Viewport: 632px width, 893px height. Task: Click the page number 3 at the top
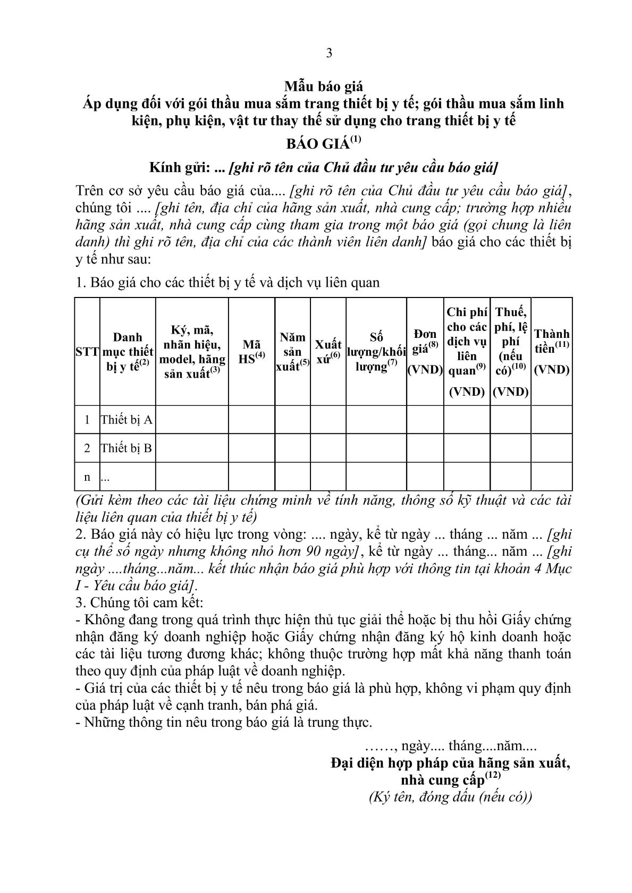(x=328, y=53)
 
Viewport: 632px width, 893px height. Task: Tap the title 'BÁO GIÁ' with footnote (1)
(x=323, y=144)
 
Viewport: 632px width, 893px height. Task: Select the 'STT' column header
(x=87, y=352)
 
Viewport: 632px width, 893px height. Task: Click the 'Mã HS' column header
(x=251, y=352)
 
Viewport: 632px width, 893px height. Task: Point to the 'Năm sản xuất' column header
(x=292, y=351)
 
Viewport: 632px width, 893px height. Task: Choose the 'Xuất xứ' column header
(x=328, y=351)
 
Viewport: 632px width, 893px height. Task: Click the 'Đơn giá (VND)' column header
(x=425, y=351)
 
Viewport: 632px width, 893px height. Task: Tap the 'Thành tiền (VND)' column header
(x=551, y=351)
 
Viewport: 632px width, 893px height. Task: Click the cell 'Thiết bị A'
(x=127, y=420)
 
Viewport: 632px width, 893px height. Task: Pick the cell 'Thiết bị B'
(x=127, y=448)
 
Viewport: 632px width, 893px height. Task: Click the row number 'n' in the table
(x=87, y=477)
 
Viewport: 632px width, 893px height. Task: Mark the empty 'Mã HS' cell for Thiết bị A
(x=251, y=420)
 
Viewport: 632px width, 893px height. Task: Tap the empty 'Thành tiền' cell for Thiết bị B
(x=551, y=448)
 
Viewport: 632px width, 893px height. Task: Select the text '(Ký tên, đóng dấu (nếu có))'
(x=450, y=797)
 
